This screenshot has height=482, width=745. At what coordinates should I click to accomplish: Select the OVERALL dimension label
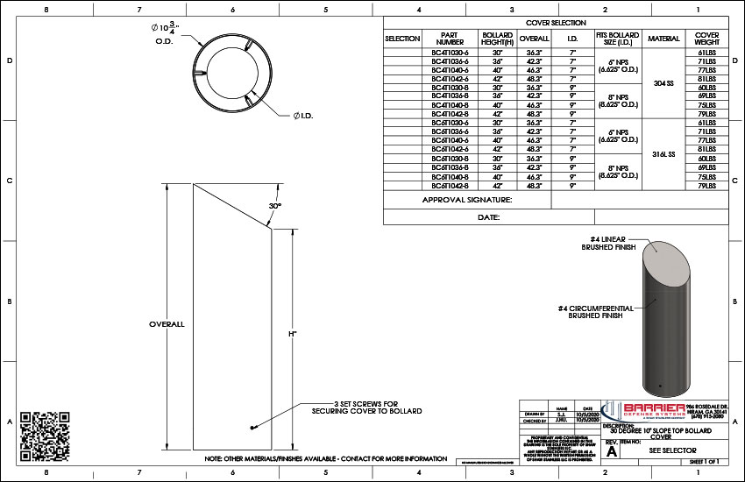167,324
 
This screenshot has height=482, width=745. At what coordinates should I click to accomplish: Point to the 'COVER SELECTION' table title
556,22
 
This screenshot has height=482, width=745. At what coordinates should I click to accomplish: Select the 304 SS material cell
663,83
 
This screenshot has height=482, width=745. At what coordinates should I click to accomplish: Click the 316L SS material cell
663,153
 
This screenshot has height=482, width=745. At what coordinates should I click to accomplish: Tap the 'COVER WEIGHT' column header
706,39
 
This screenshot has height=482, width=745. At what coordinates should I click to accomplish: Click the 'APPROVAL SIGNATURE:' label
466,200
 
